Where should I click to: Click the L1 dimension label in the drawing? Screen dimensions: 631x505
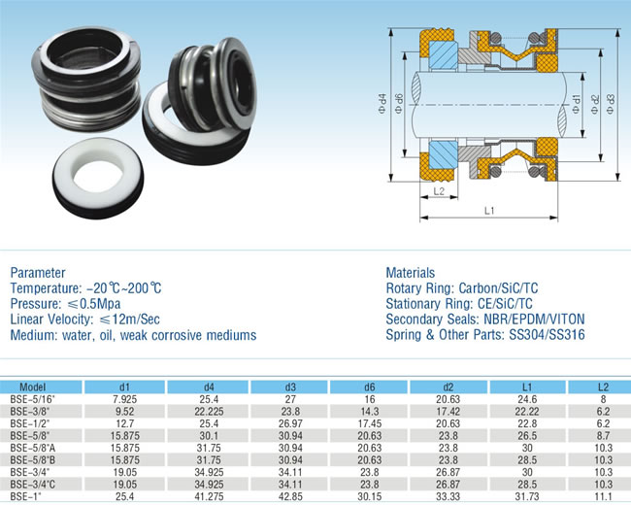tap(489, 210)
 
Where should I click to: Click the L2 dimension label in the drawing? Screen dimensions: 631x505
tap(439, 191)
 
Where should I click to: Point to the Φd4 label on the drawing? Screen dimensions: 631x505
tap(382, 104)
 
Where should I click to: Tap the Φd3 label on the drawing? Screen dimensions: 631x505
tap(611, 104)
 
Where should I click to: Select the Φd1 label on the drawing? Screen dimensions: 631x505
tap(577, 104)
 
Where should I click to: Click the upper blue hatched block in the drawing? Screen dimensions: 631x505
tap(444, 55)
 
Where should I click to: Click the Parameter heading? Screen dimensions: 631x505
tap(38, 273)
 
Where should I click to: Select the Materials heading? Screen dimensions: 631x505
tap(410, 273)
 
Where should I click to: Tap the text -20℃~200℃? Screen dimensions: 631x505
tap(124, 288)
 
